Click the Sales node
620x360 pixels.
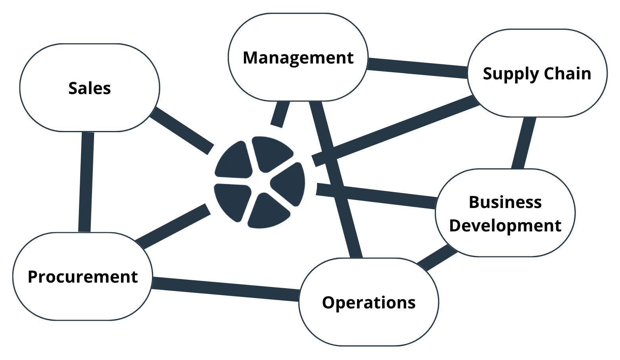pyautogui.click(x=90, y=88)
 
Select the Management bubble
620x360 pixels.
pyautogui.click(x=298, y=58)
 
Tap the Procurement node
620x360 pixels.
pyautogui.click(x=83, y=277)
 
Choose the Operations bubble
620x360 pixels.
pyautogui.click(x=369, y=302)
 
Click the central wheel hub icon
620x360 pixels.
pyautogui.click(x=259, y=182)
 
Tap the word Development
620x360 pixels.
pyautogui.click(x=505, y=225)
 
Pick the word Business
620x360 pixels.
pyautogui.click(x=505, y=202)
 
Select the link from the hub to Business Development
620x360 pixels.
pyautogui.click(x=377, y=195)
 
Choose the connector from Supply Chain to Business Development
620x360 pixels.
pyautogui.click(x=523, y=143)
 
